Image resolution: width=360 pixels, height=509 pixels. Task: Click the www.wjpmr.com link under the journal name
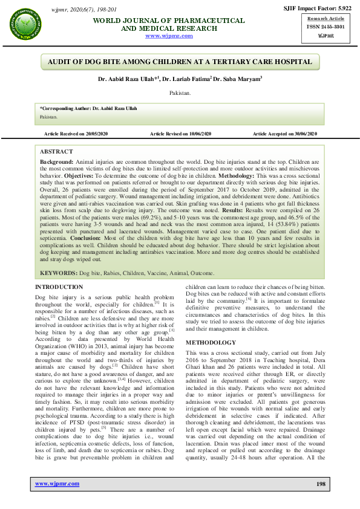pyautogui.click(x=169, y=36)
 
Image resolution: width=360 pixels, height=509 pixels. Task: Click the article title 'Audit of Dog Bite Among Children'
pyautogui.click(x=180, y=62)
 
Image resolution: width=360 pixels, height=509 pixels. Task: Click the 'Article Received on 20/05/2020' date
pyautogui.click(x=76, y=133)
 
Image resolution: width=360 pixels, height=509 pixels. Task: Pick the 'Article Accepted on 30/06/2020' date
pyautogui.click(x=284, y=133)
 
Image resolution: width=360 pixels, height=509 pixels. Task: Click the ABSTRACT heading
pyautogui.click(x=56, y=152)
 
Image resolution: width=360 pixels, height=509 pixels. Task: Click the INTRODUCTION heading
pyautogui.click(x=59, y=287)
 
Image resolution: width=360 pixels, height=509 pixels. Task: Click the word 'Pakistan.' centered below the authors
pyautogui.click(x=180, y=94)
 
